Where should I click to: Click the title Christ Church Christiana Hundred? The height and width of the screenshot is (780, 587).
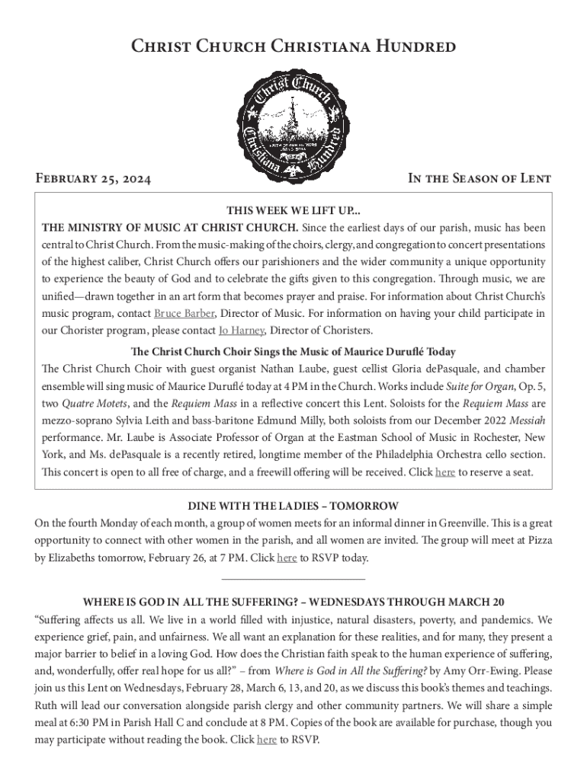point(293,47)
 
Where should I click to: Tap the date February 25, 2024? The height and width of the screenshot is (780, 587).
point(93,180)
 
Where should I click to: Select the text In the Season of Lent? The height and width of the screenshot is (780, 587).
point(480,180)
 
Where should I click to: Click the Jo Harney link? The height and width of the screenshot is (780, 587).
point(241,331)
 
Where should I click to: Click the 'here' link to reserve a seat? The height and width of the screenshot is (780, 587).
point(444,472)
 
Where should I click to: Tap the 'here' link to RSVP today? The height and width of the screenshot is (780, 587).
point(287,558)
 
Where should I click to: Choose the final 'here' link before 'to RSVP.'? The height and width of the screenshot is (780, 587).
point(267,739)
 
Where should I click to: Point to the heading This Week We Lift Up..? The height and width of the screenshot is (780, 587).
point(293,211)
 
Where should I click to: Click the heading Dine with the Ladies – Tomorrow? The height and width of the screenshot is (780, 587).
point(293,507)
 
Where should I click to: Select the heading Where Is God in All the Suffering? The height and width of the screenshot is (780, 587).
point(293,602)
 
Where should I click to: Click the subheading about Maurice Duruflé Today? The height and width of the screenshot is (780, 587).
point(293,352)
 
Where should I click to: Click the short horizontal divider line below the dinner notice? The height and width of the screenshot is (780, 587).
point(293,580)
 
